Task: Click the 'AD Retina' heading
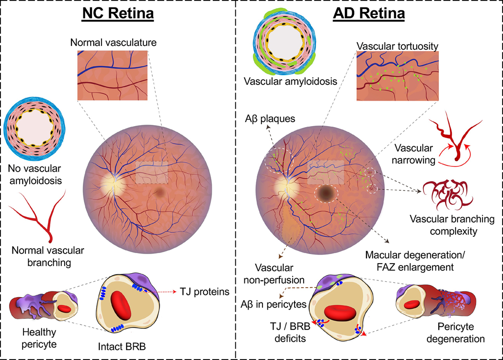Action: coord(369,14)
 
